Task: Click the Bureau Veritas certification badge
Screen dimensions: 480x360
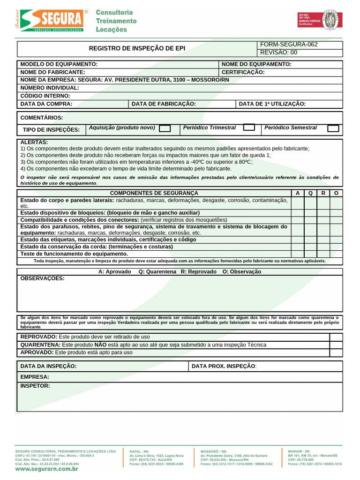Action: pos(320,21)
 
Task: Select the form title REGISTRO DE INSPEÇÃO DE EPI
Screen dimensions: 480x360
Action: pos(137,48)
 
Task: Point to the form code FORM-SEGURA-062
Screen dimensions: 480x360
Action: pos(289,45)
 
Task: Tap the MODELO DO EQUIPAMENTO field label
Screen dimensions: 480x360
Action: pos(59,64)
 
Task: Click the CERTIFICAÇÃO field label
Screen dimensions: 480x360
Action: pos(243,72)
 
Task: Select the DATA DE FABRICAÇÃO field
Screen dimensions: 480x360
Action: pos(164,104)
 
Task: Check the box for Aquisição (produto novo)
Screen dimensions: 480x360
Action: pos(165,128)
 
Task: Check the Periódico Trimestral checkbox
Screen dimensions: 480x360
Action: pos(249,127)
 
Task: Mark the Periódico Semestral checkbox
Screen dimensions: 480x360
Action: pos(333,128)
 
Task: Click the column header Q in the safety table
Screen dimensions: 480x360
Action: pos(310,193)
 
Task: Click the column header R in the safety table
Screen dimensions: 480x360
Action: pos(323,193)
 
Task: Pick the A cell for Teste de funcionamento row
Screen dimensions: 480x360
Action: pos(297,254)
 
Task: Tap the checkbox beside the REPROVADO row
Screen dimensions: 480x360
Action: pos(336,337)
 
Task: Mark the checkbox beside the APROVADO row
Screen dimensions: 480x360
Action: pos(336,352)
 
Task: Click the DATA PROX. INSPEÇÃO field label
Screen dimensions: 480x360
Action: pos(224,366)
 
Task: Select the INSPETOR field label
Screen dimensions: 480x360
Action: pos(35,386)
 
